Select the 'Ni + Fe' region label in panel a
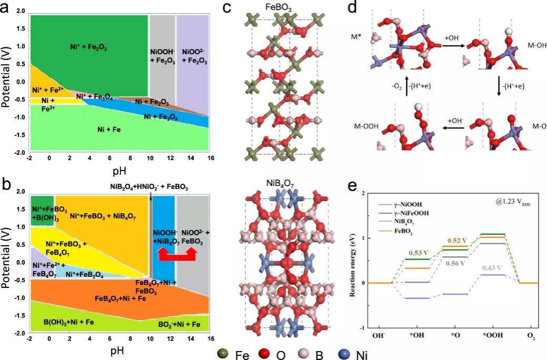pos(108,129)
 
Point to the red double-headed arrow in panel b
pos(177,255)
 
